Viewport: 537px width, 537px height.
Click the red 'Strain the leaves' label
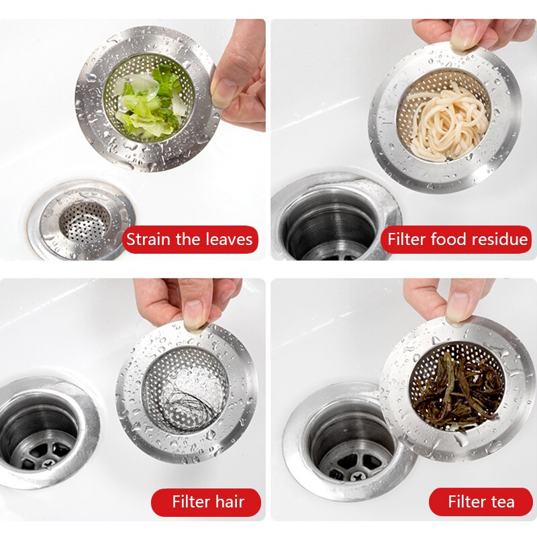coord(190,240)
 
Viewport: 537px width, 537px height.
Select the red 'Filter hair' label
coord(207,502)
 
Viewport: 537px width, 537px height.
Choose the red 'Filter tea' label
coord(481,502)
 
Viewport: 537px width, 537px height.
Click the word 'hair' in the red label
coord(228,502)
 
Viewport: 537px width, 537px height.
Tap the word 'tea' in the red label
coord(501,502)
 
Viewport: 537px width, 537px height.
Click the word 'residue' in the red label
coord(499,240)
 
